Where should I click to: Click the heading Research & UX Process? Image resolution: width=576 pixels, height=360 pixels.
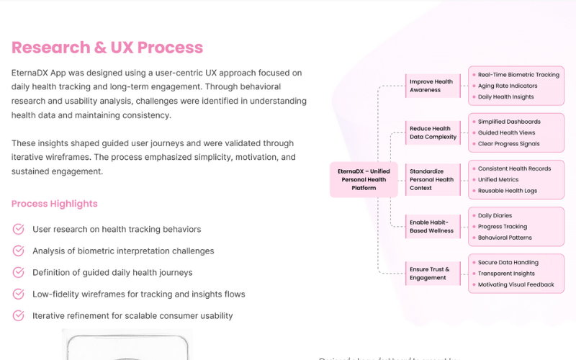click(107, 48)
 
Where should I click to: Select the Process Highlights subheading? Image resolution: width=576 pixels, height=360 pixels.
click(55, 204)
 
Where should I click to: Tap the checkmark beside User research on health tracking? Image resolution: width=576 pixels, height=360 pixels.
click(19, 229)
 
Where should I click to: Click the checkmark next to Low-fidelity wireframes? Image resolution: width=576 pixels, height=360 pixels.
click(19, 294)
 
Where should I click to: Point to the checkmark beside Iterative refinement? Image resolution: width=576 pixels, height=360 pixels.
click(19, 315)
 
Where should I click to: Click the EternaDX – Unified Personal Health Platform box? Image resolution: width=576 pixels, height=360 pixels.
click(364, 180)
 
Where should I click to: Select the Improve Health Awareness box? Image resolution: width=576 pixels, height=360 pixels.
click(431, 86)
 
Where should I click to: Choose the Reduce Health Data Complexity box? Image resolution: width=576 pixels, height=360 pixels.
click(433, 132)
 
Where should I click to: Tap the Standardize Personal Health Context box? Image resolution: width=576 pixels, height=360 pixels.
click(431, 180)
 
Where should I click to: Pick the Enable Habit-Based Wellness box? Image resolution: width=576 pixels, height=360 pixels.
click(431, 227)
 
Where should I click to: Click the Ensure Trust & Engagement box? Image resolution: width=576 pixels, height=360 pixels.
click(429, 274)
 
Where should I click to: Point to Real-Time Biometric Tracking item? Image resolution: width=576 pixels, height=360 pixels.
click(518, 75)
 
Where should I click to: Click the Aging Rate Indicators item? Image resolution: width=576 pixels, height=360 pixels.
click(508, 86)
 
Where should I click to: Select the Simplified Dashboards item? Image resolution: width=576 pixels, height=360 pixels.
click(509, 122)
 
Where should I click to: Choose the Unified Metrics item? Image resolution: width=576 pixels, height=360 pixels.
click(498, 180)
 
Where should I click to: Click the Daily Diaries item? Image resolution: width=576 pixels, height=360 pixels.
click(495, 216)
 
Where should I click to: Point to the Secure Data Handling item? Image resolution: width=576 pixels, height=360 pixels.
click(508, 263)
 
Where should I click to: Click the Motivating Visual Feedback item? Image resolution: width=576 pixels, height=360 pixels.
click(516, 284)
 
